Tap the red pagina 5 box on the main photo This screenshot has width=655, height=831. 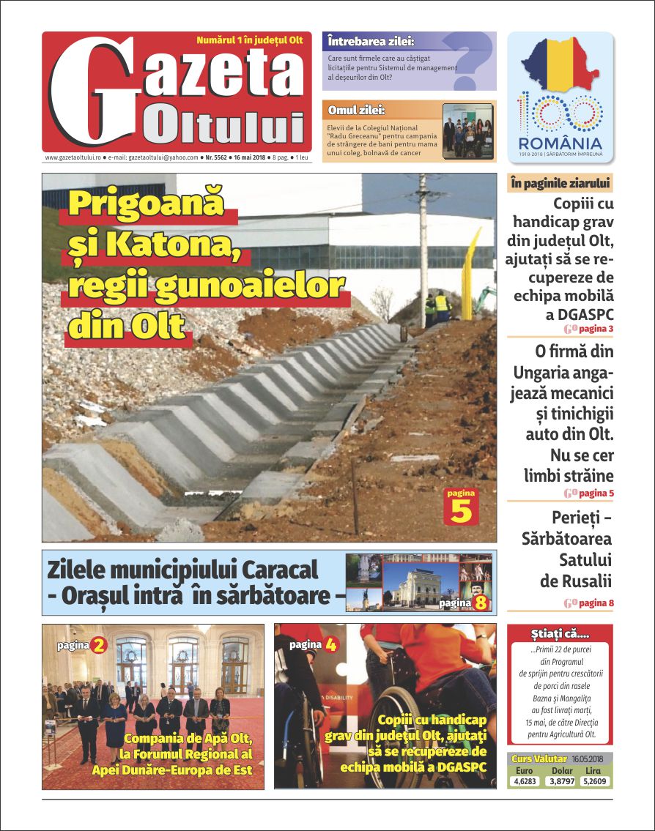point(461,507)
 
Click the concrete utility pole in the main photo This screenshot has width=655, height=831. point(423,242)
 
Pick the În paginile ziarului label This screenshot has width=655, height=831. point(560,183)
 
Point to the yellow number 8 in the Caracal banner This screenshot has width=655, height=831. point(481,603)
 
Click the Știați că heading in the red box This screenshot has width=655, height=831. point(559,633)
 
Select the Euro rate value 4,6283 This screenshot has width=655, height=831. point(525,781)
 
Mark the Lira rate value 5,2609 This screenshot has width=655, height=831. point(595,781)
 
